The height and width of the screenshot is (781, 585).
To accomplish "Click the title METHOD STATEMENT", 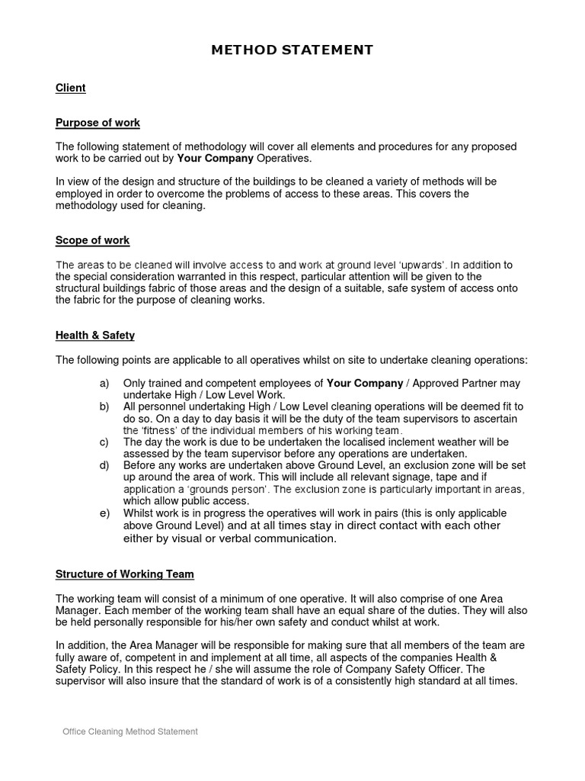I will coord(292,50).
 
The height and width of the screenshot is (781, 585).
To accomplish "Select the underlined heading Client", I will coord(70,88).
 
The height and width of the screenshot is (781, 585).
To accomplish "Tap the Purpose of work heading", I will coord(97,123).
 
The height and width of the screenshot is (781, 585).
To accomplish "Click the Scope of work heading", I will coord(92,240).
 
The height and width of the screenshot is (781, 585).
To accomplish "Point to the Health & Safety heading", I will coord(95,335).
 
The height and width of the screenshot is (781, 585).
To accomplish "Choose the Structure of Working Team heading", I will coord(124,574).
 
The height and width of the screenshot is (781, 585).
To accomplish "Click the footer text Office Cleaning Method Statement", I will coord(130,731).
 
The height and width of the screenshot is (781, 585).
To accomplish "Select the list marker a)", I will coord(105,383).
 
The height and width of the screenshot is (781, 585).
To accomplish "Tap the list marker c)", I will coord(104,442).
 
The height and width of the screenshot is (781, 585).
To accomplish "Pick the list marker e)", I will coord(105,513).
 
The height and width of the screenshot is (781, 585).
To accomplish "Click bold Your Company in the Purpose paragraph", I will coord(216,158).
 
